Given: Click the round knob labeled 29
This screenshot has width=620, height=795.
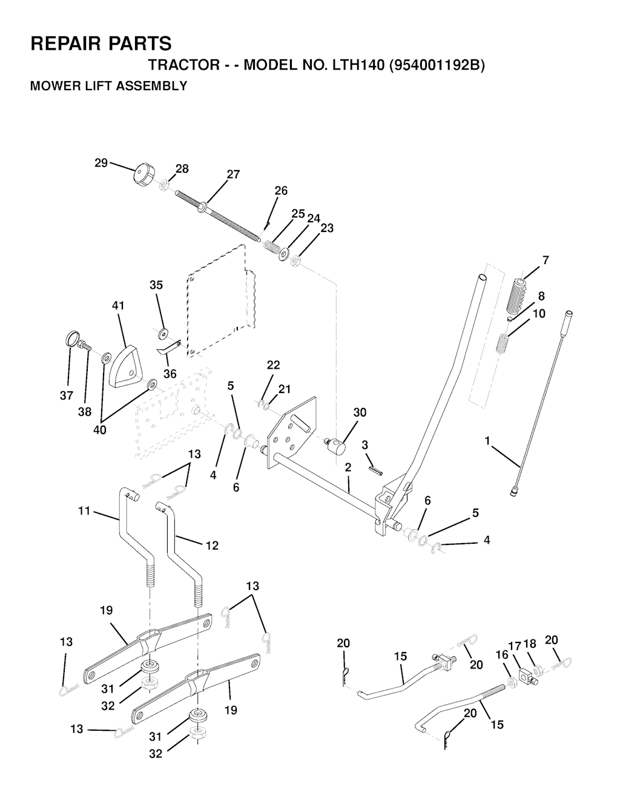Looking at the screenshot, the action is tap(143, 176).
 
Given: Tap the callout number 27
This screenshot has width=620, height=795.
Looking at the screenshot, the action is tap(233, 175).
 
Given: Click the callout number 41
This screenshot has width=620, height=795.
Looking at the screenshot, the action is tap(118, 306).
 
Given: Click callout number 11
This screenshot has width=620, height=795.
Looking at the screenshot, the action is tap(84, 511).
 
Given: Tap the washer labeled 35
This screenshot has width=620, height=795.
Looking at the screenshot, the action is tap(162, 332).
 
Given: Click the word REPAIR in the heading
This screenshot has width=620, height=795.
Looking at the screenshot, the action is tap(65, 44).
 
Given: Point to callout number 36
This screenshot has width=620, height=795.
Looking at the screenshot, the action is tap(170, 374).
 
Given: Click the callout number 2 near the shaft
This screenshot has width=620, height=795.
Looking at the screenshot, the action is tap(348, 467).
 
